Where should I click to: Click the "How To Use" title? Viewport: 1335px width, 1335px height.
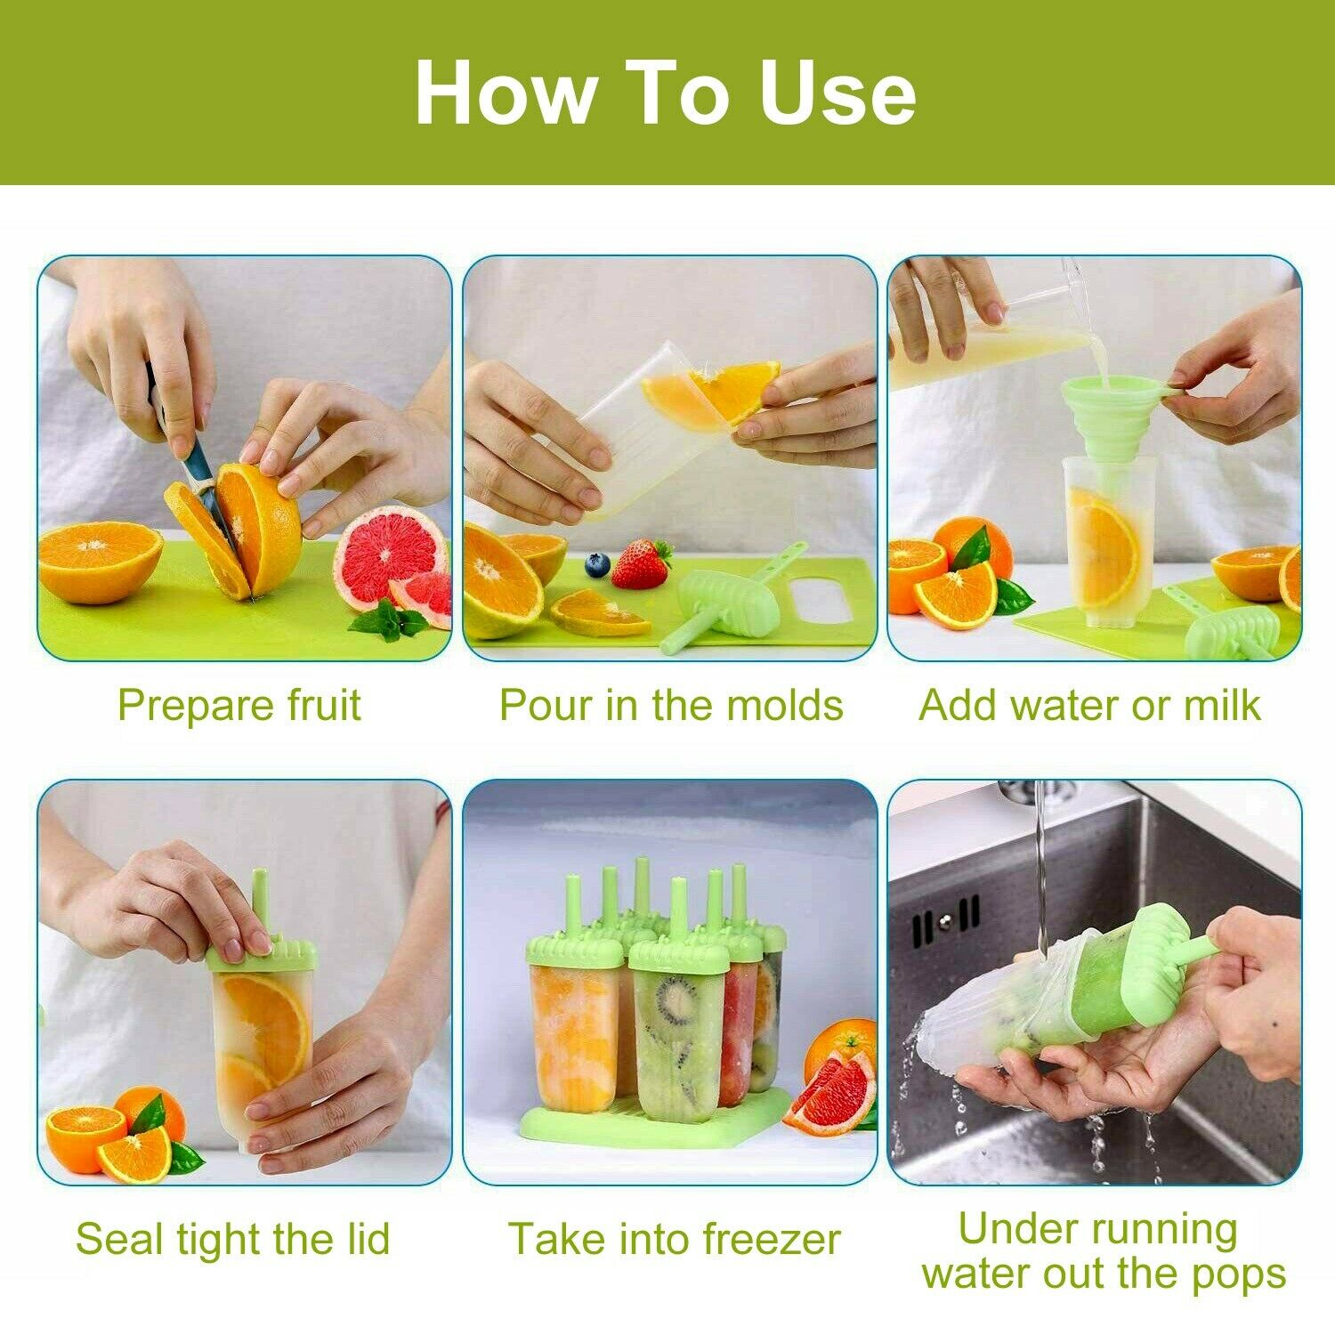tap(666, 93)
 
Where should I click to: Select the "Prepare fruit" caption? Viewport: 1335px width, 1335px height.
tap(239, 705)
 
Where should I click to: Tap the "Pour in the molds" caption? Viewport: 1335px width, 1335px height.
tap(670, 705)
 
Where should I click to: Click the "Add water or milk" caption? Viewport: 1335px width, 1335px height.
tap(1089, 705)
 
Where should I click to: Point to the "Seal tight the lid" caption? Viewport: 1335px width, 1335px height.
tap(233, 1238)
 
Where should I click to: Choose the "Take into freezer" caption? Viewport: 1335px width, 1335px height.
tap(674, 1238)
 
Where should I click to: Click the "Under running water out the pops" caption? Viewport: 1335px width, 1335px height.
tap(1102, 1250)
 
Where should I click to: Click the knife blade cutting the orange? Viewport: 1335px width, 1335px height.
tap(201, 472)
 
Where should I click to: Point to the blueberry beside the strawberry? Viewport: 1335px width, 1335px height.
tap(596, 564)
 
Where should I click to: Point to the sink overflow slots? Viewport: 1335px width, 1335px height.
tap(945, 926)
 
